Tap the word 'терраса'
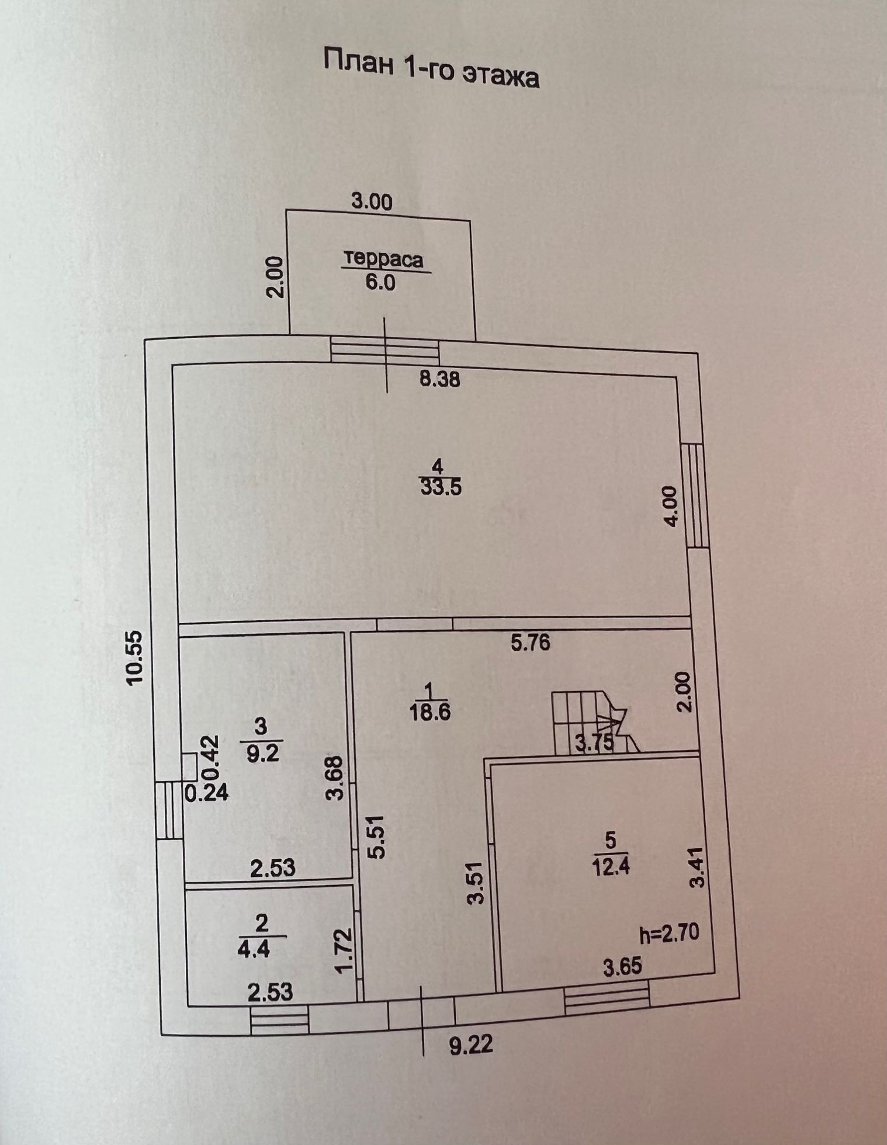coord(383,259)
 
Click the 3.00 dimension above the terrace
coord(371,202)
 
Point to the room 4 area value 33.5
coord(441,485)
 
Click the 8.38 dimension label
coord(439,380)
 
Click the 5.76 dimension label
coord(530,643)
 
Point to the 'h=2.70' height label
coord(669,933)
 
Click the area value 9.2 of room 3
coord(261,752)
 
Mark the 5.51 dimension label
coord(378,837)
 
